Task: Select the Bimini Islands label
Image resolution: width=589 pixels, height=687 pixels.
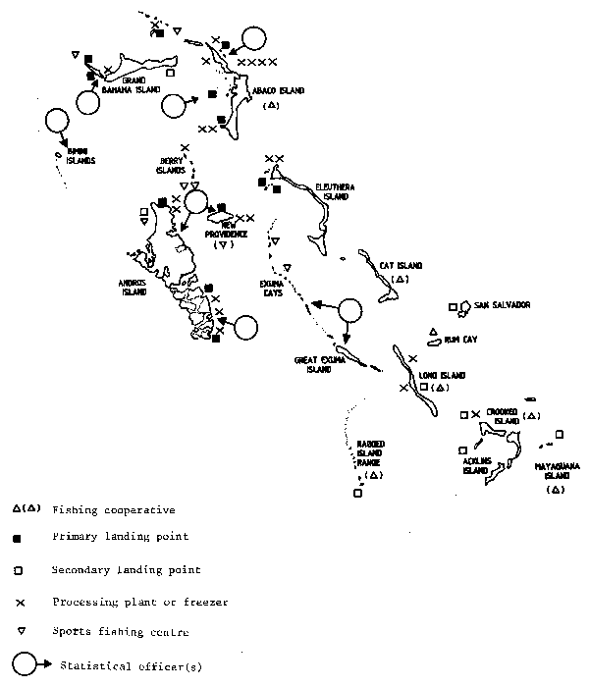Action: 80,158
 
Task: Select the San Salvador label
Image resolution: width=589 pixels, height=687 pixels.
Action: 502,305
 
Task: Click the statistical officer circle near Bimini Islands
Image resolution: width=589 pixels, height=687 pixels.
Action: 57,122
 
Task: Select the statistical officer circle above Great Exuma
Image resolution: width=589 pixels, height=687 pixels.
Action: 347,311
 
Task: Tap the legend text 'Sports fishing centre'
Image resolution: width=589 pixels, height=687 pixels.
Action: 120,632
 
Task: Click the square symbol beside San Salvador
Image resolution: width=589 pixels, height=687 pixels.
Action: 452,308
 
